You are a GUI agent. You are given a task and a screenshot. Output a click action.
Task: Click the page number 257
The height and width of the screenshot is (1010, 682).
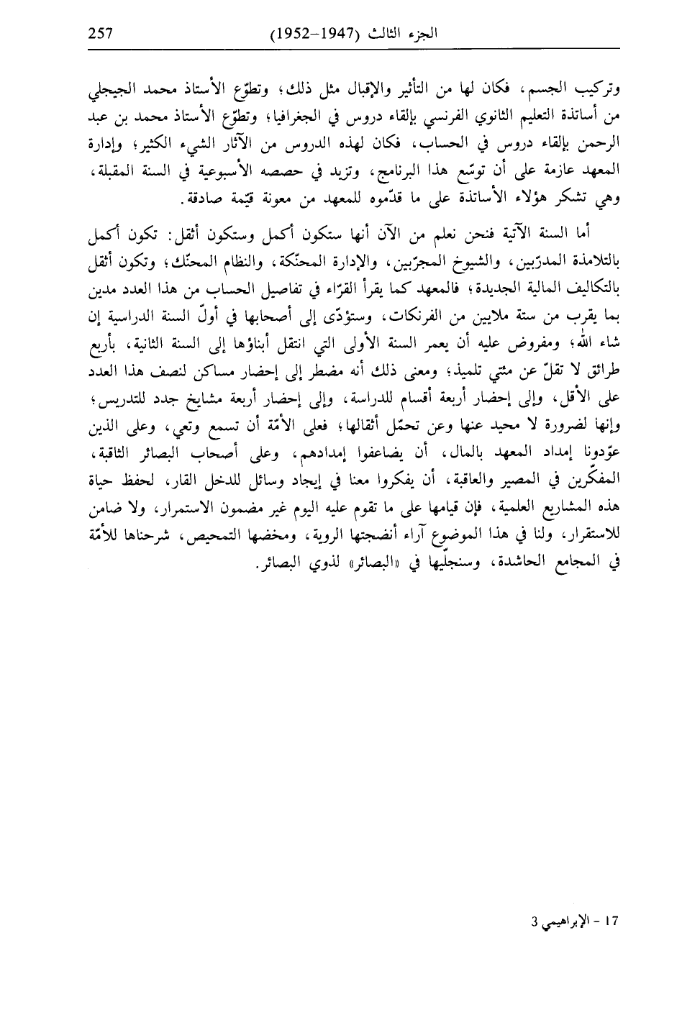point(102,32)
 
